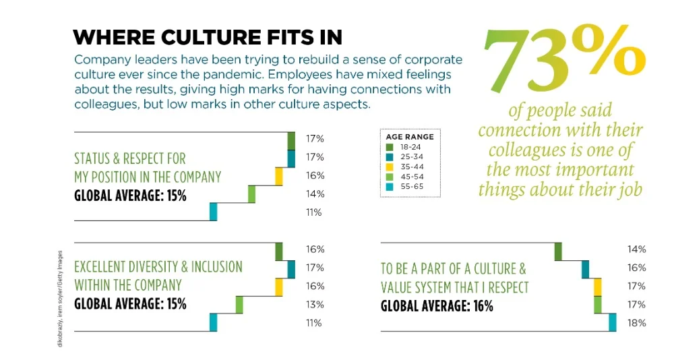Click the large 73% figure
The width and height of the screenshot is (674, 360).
click(x=563, y=57)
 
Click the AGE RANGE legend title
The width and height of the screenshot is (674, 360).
click(x=410, y=136)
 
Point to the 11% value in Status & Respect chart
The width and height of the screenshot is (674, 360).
click(x=315, y=212)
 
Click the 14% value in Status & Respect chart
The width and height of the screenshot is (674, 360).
click(x=315, y=194)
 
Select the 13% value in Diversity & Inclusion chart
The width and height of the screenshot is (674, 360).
click(x=315, y=305)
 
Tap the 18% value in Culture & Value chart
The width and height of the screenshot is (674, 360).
click(x=637, y=323)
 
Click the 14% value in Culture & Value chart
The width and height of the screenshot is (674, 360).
click(x=637, y=249)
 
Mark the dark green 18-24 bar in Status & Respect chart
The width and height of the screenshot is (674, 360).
click(x=291, y=140)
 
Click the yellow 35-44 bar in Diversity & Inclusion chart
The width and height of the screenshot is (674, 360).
click(x=278, y=287)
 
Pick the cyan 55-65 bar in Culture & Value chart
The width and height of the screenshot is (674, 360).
click(x=613, y=322)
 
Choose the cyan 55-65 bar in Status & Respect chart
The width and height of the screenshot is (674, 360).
click(x=213, y=212)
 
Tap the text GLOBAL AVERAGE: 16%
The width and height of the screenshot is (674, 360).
click(x=437, y=306)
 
